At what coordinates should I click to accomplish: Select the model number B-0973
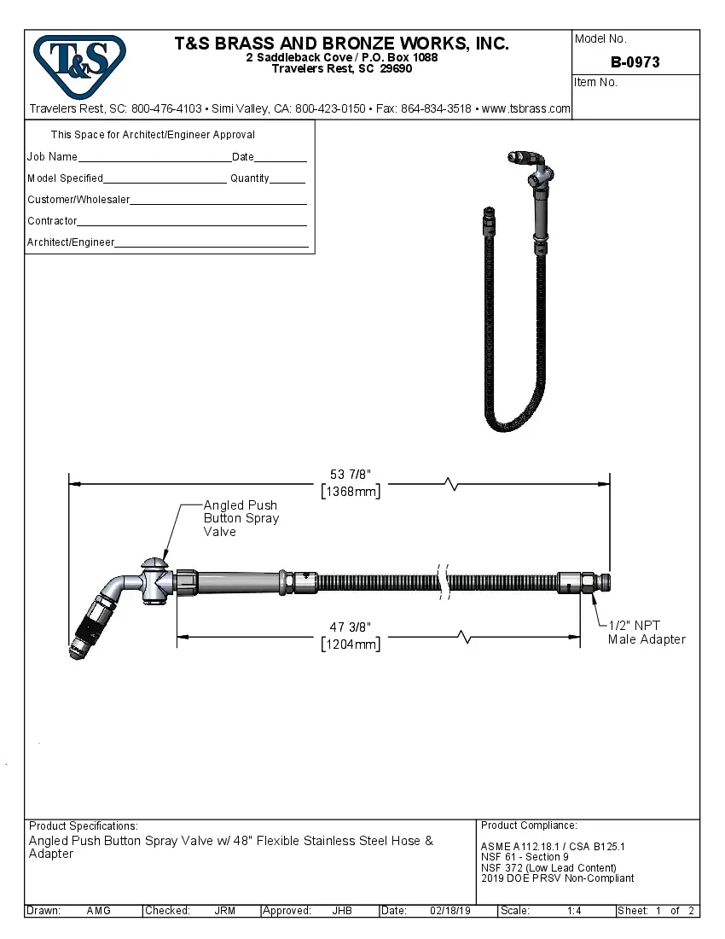point(635,62)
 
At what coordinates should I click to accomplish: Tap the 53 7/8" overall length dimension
point(351,475)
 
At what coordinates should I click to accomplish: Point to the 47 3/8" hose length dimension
point(351,627)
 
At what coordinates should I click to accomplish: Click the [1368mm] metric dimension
point(351,492)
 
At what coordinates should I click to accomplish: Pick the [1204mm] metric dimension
point(351,644)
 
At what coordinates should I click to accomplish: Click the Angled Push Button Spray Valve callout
point(241,518)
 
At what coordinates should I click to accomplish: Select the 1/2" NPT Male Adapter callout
point(647,633)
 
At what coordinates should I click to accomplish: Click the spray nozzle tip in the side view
point(74,652)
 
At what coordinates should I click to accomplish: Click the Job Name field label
point(52,157)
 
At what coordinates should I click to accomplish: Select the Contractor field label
point(52,221)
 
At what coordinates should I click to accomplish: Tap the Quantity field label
point(250,178)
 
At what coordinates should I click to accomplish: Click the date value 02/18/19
point(450,911)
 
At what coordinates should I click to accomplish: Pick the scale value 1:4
point(574,911)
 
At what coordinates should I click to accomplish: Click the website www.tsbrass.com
point(526,109)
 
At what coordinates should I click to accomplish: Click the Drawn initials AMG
point(99,911)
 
